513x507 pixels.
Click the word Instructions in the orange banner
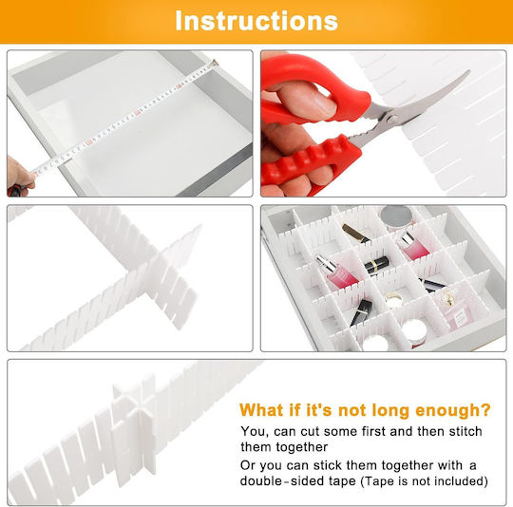(256, 21)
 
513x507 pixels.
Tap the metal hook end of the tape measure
(215, 63)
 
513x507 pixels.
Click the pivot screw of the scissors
(391, 117)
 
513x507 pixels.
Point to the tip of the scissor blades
(469, 71)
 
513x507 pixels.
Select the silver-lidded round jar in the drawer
(396, 217)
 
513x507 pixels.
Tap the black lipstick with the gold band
(377, 265)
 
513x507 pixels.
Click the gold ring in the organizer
(393, 298)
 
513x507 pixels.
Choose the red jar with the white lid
(415, 332)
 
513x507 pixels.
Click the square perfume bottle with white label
(456, 310)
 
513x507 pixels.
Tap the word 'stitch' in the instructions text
(465, 431)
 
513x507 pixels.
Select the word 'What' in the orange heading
(261, 410)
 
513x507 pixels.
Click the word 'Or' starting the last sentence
(248, 465)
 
